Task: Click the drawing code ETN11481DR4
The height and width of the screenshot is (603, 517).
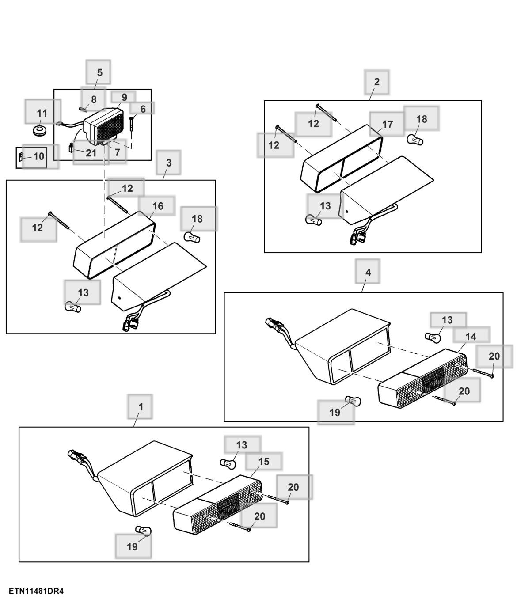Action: point(36,591)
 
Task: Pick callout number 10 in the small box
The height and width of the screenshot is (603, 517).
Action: point(39,156)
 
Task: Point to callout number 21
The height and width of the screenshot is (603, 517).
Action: point(91,153)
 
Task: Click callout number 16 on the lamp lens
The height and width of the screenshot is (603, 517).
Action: point(157,206)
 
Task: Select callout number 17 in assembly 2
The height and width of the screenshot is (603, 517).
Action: point(388,124)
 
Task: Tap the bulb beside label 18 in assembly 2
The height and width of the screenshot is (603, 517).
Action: point(415,140)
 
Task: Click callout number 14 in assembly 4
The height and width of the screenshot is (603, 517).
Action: point(471,336)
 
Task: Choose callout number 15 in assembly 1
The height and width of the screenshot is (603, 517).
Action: point(263,462)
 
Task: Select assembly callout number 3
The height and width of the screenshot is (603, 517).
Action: point(169,163)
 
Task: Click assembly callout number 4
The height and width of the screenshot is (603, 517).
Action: point(368,272)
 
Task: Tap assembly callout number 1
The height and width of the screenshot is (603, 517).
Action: point(141,407)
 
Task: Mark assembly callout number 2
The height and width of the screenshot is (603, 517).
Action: point(376,82)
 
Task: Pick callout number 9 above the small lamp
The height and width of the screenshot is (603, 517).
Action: point(124,97)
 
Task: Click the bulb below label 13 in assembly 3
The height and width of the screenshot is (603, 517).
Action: point(72,306)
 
